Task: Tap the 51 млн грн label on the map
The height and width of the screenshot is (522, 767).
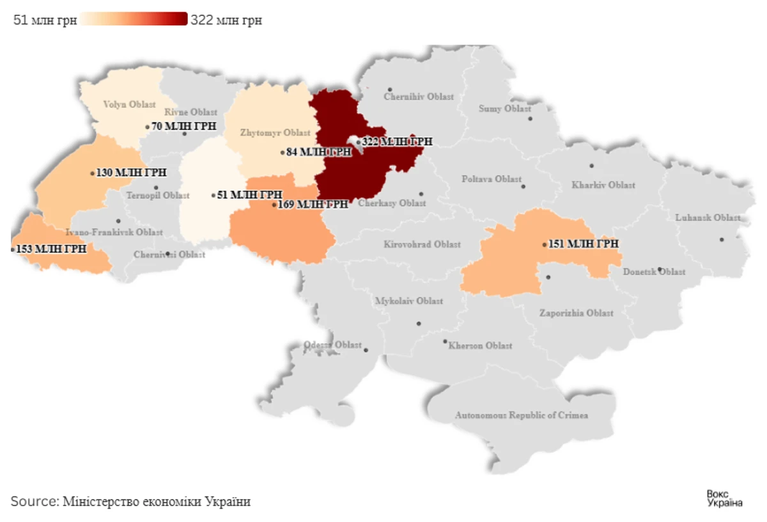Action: click(250, 195)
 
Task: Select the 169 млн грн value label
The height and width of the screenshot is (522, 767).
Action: click(313, 205)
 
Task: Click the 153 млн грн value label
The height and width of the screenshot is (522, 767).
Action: click(51, 249)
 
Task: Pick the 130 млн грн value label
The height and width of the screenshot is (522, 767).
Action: click(132, 173)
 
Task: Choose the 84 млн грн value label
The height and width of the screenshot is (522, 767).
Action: click(319, 152)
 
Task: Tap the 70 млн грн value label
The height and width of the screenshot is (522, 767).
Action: click(184, 127)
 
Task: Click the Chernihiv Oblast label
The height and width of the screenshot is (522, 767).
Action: click(419, 97)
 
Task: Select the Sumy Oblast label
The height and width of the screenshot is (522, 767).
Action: click(505, 109)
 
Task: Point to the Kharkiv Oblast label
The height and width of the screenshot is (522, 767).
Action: click(603, 185)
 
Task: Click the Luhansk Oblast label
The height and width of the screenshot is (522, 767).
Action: click(708, 217)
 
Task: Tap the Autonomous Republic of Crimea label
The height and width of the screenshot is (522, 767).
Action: click(522, 415)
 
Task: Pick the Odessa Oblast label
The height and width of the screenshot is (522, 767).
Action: click(332, 345)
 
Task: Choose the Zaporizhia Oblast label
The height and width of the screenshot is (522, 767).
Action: click(576, 313)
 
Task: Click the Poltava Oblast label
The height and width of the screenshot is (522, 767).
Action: click(492, 179)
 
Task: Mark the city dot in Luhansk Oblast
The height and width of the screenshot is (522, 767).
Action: click(722, 240)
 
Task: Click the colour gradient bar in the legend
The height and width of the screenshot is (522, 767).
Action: click(134, 19)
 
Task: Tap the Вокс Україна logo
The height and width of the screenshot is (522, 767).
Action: click(724, 498)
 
